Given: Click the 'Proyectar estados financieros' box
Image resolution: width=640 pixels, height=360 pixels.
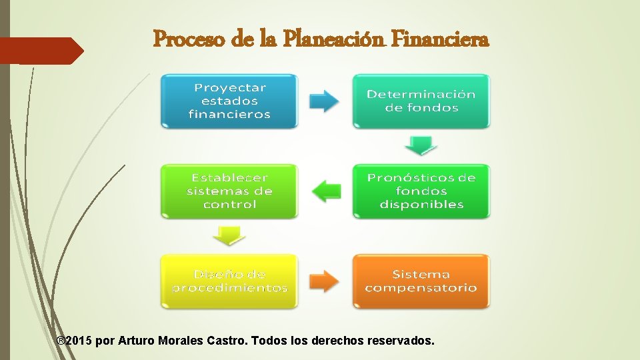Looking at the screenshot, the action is point(229,101).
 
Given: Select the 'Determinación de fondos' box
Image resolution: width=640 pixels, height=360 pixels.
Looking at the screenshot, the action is point(421,101).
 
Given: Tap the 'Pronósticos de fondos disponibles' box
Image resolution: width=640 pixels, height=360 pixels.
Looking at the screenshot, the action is point(421,191).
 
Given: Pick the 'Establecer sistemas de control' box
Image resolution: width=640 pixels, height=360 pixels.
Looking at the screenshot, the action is point(229,191).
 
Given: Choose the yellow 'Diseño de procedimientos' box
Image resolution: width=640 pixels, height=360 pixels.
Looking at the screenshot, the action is point(229,281).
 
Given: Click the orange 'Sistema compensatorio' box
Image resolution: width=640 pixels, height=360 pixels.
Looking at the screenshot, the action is point(421,281).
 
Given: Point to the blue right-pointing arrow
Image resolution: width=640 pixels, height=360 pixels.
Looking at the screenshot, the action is point(325,101).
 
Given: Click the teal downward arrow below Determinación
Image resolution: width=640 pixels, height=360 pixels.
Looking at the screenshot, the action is point(421,145).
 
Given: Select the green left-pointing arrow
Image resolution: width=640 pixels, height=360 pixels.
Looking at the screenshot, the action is point(325,191).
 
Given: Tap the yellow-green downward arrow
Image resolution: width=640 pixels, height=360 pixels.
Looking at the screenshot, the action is point(229,235).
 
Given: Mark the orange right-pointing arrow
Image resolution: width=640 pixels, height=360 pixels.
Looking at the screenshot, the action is point(325,281).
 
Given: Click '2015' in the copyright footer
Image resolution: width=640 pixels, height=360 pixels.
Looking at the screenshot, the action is point(79,341).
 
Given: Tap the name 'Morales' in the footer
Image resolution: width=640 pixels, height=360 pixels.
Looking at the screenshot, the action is point(182,341).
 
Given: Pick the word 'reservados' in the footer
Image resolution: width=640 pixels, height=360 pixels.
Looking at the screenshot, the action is point(403,341).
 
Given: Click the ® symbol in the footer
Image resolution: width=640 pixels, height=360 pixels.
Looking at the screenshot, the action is point(61,341).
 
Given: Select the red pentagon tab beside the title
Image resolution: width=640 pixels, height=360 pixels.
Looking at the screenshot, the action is point(40,51).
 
